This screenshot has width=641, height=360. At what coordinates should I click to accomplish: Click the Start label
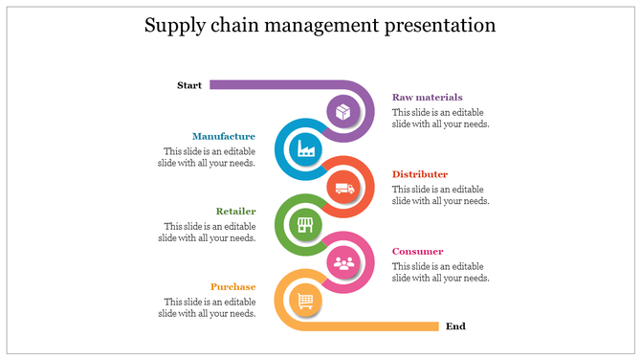(189, 85)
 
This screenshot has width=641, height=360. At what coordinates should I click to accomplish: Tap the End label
(455, 326)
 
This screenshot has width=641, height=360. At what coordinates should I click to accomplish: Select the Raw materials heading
(427, 97)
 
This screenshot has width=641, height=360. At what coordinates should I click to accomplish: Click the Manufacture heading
(224, 136)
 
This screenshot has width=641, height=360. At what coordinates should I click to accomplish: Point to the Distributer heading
(420, 174)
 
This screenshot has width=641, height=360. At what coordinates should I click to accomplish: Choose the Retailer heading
(235, 211)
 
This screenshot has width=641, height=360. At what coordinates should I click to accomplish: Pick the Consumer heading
(418, 251)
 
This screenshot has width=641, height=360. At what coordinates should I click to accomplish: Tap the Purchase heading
(233, 286)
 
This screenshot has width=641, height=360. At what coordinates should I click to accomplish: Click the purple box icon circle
(343, 112)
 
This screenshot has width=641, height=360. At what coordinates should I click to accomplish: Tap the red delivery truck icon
(344, 187)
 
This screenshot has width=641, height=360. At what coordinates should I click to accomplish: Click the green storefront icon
(305, 225)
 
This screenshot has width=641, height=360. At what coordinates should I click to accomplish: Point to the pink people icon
(343, 261)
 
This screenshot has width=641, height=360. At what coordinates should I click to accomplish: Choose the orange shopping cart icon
(305, 301)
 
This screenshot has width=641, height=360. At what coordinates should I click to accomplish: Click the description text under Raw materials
(440, 118)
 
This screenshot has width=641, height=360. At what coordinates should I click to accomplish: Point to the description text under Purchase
(210, 307)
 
